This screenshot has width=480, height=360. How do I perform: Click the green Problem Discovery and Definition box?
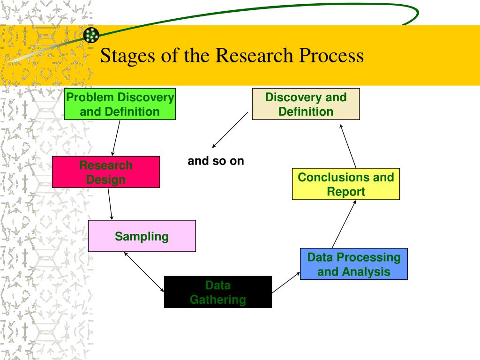(x=120, y=104)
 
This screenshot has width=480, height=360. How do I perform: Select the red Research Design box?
(x=106, y=172)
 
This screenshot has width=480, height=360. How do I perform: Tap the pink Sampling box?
(x=142, y=236)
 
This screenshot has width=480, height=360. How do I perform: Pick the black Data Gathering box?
(x=218, y=292)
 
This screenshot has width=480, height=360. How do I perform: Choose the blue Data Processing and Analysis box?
(x=354, y=264)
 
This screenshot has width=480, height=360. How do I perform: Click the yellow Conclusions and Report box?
(x=346, y=184)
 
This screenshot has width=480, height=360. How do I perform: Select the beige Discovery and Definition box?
(x=306, y=104)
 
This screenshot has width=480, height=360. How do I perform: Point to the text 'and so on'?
(x=216, y=161)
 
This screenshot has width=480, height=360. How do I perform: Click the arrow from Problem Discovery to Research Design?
(x=116, y=138)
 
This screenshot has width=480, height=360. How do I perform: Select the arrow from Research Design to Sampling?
(x=110, y=204)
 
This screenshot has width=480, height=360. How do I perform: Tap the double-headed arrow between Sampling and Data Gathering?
(x=144, y=272)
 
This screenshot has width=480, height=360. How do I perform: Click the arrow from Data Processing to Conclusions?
(x=344, y=224)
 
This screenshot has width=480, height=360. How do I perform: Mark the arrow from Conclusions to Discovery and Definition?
(x=348, y=146)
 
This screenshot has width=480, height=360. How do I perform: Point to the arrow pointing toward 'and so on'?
(x=230, y=130)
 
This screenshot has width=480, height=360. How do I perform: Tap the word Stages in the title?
(x=127, y=56)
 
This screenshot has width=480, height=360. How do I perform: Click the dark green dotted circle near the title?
(x=91, y=35)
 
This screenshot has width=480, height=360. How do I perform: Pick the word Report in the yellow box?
(x=346, y=192)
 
